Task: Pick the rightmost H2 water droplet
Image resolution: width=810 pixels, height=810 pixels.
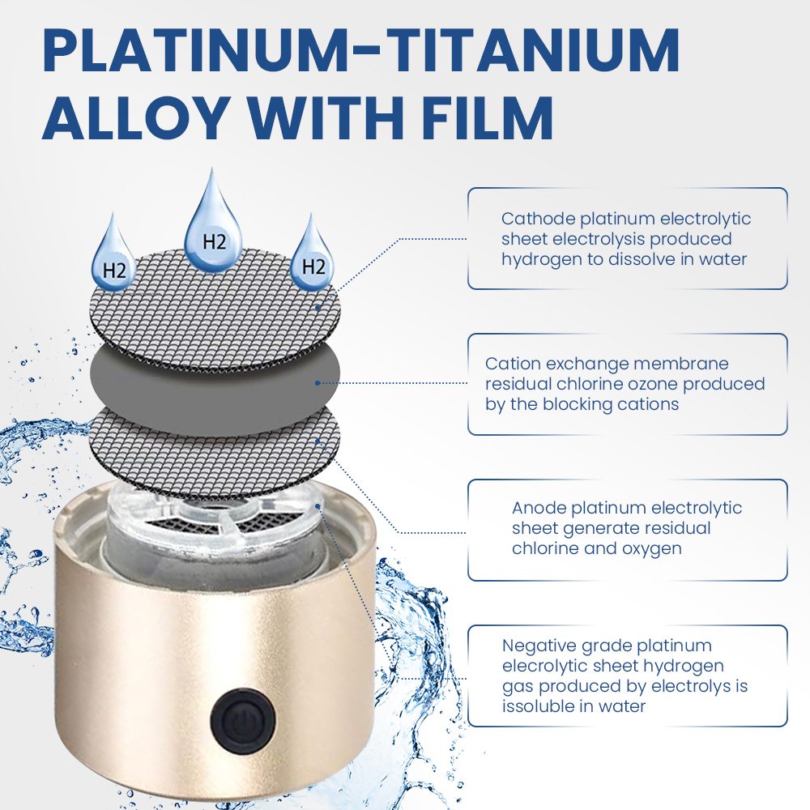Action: (x=312, y=258)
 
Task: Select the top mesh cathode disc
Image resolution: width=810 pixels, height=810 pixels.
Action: (x=215, y=310)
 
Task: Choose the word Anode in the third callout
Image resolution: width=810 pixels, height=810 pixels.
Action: (x=539, y=508)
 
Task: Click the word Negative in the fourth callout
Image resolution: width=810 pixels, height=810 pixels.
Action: (x=539, y=646)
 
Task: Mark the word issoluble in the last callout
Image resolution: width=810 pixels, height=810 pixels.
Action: (x=539, y=706)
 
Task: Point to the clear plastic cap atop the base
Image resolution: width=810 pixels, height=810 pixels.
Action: (x=217, y=532)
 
